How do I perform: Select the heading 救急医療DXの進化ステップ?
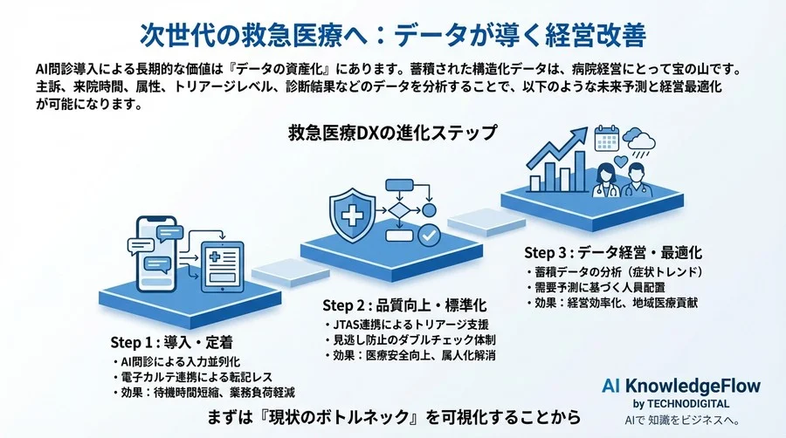[x=392, y=134]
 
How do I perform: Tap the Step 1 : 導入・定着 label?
[x=172, y=340]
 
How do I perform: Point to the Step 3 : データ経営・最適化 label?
[x=613, y=253]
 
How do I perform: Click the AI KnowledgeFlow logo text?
[x=680, y=386]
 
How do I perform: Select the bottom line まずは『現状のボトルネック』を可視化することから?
[x=395, y=410]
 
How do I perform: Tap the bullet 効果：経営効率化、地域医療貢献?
[x=616, y=303]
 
